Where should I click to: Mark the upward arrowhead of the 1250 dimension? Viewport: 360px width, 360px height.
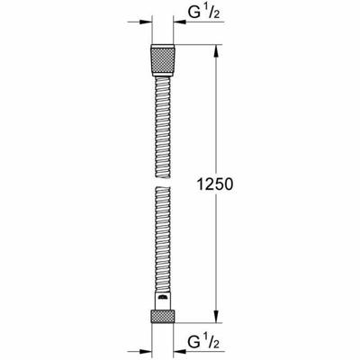pyautogui.click(x=215, y=47)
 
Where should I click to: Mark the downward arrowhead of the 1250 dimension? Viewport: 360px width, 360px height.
pyautogui.click(x=215, y=316)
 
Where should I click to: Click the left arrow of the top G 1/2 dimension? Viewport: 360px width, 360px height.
pyautogui.click(x=144, y=20)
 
